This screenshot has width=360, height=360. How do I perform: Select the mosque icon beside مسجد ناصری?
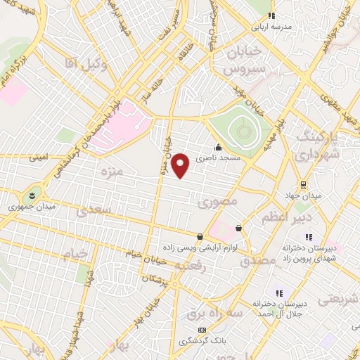(x=219, y=148)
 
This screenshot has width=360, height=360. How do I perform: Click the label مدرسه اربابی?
(x=272, y=28)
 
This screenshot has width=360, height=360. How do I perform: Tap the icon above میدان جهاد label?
(x=303, y=186)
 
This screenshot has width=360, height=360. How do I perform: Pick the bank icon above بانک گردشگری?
(x=202, y=330)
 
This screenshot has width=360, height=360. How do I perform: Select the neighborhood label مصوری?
(x=219, y=202)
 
